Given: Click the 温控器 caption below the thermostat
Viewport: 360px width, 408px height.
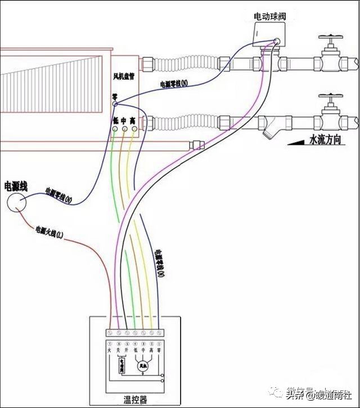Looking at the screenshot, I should coord(136,400).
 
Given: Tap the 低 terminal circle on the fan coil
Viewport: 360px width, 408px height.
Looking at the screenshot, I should coord(115,129).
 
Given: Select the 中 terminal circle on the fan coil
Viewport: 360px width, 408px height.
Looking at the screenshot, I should coord(124,129).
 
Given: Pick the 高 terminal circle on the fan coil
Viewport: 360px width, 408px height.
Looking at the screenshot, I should coord(133,129).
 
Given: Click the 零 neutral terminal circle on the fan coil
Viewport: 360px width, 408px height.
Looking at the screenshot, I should coord(114,104).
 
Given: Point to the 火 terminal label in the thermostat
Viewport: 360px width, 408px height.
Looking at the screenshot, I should coord(110,350).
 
